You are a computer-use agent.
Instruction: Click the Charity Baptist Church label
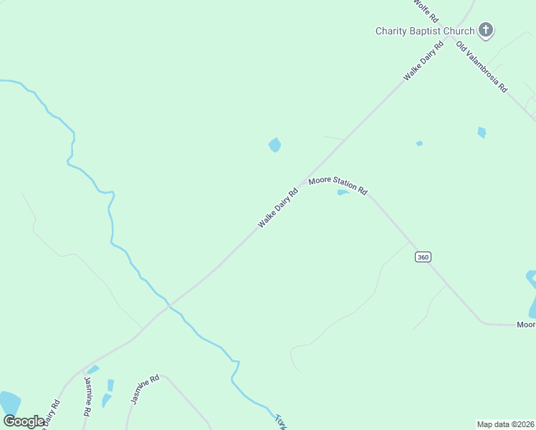425,31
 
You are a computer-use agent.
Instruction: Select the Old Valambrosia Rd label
482,67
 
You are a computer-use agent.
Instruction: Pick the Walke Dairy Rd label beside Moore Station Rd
278,209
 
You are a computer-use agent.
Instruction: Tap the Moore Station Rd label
338,186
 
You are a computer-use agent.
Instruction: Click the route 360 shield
423,257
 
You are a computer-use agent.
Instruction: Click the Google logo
24,421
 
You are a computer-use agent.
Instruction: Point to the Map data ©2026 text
505,424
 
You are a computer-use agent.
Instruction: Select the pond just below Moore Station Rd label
343,192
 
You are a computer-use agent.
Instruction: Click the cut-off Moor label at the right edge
526,325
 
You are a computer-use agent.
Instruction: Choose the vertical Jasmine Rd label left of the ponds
88,396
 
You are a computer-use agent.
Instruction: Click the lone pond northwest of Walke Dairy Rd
274,145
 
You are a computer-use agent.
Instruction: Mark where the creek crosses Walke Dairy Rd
169,306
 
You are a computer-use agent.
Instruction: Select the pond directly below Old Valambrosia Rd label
482,132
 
